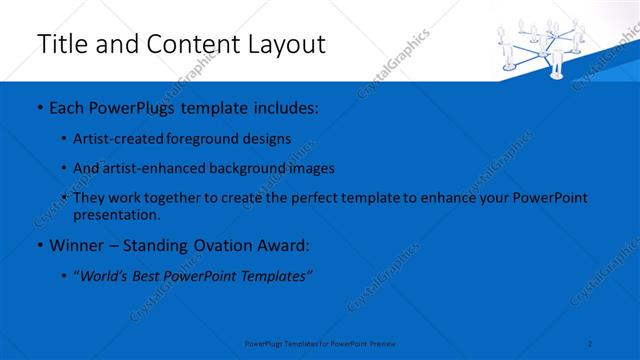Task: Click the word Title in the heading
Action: tap(61, 44)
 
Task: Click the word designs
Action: tap(269, 139)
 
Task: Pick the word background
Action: tap(248, 169)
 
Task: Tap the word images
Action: tap(312, 169)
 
